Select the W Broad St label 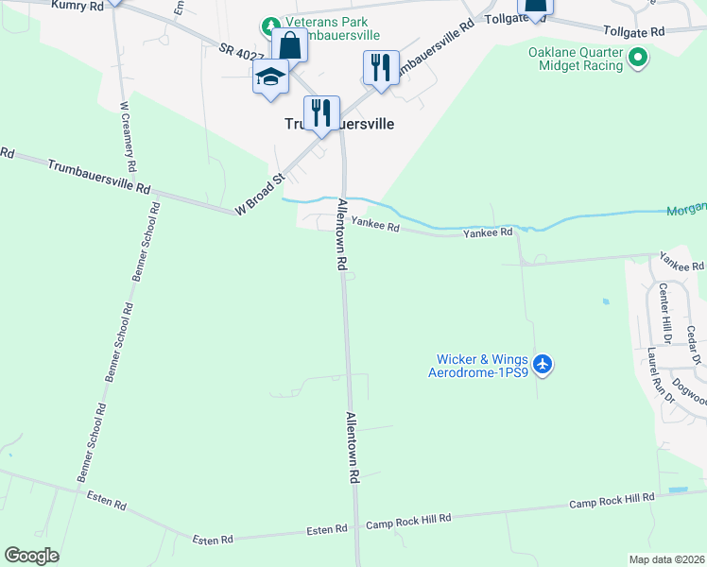tap(260, 194)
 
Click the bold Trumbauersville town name tap(339, 124)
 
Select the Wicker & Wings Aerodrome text tap(481, 365)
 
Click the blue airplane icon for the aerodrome tap(542, 363)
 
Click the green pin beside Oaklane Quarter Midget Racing tap(638, 59)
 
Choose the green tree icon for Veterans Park tap(271, 25)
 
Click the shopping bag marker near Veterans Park tap(289, 45)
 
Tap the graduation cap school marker tap(270, 77)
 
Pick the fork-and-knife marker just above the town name tap(321, 112)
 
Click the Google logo tap(31, 556)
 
